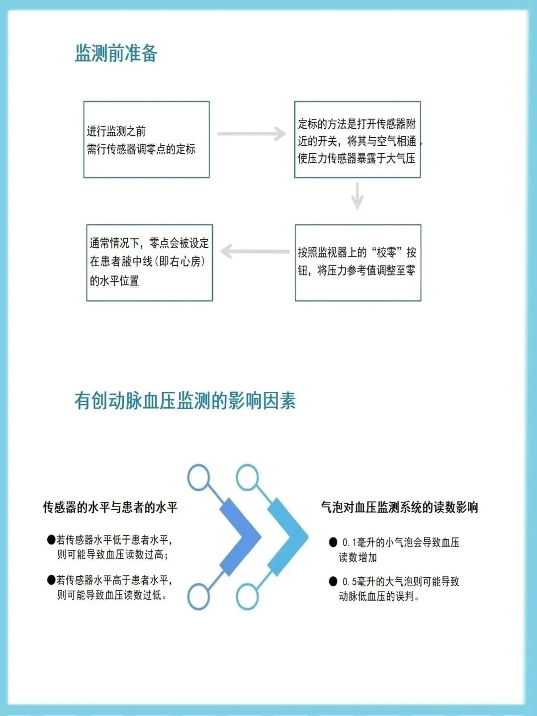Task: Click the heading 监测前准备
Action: [x=116, y=53]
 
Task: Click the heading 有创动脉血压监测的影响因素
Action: [x=185, y=400]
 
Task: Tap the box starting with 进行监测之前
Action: [x=146, y=140]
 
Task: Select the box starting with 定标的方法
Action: [x=357, y=140]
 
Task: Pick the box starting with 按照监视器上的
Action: [x=358, y=263]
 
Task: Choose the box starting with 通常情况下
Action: [x=149, y=263]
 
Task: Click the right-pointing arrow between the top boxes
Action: [x=252, y=134]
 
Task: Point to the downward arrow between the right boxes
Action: [x=357, y=195]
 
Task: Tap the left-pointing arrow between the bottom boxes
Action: [x=254, y=252]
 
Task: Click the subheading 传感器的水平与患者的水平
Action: [x=110, y=507]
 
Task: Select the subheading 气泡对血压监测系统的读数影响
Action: [x=399, y=507]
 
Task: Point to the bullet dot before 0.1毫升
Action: [x=333, y=542]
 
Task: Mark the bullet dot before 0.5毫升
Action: [x=333, y=581]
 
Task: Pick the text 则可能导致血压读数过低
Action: [x=112, y=595]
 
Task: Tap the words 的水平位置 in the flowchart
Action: [x=114, y=281]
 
